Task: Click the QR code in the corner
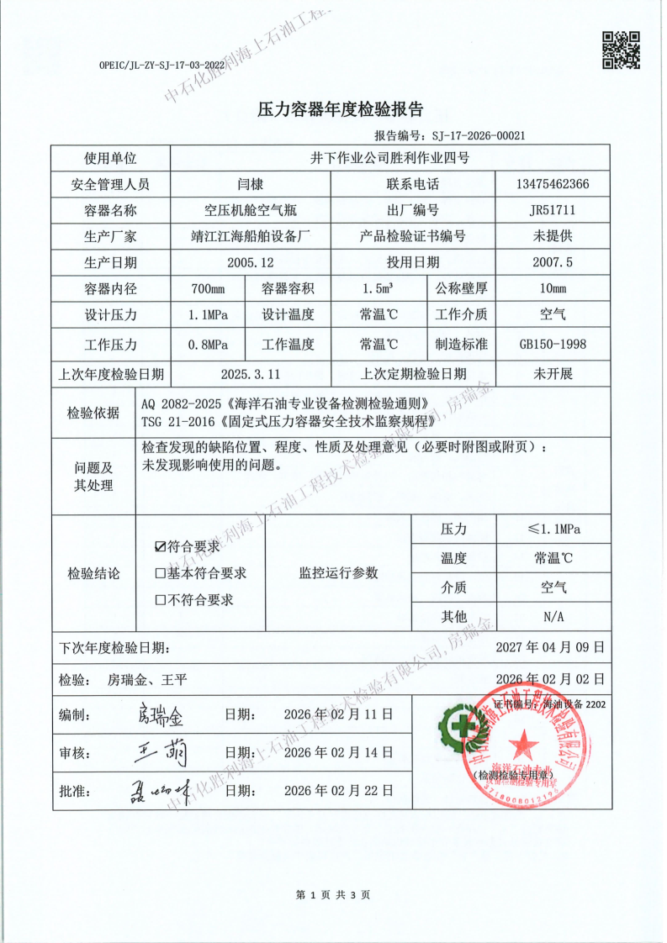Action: pyautogui.click(x=622, y=50)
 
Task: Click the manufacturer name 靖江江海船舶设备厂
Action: pyautogui.click(x=251, y=236)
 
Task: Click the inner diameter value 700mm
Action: pyautogui.click(x=208, y=289)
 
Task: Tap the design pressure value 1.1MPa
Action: pyautogui.click(x=208, y=316)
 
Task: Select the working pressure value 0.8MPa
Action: pyautogui.click(x=208, y=344)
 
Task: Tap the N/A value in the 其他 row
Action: pyautogui.click(x=553, y=616)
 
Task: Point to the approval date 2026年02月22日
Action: pyautogui.click(x=338, y=790)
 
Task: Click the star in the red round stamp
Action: pyautogui.click(x=525, y=742)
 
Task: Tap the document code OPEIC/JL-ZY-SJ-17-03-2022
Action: pyautogui.click(x=161, y=64)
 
